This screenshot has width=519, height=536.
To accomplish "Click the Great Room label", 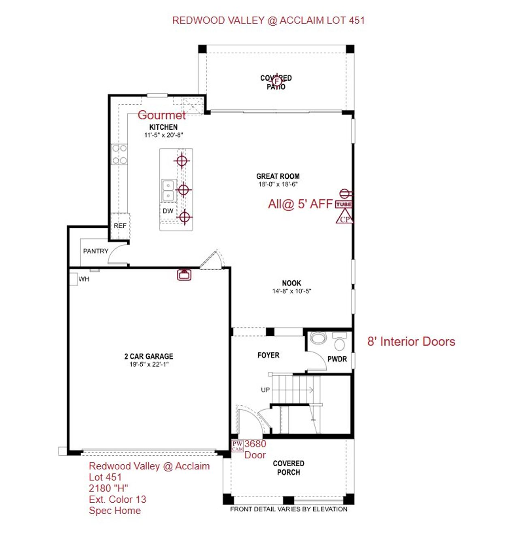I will (x=278, y=176).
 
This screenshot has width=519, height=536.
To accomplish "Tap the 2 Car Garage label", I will (x=148, y=356).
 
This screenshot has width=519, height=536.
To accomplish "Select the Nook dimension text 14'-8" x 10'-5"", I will (x=292, y=291).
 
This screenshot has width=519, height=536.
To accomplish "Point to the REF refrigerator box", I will (x=120, y=226).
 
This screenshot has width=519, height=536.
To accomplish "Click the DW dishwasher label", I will (x=168, y=211).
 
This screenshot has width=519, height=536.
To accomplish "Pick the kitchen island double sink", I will (x=167, y=191).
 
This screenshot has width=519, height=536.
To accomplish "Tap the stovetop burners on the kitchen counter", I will (x=120, y=154).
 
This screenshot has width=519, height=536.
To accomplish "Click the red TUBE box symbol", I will (x=343, y=204).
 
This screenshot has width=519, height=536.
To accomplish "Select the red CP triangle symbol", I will (x=344, y=218).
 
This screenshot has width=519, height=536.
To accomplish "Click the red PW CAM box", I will (x=238, y=446).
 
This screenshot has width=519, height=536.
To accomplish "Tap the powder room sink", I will (x=318, y=338).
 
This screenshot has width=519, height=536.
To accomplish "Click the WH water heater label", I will (x=84, y=279).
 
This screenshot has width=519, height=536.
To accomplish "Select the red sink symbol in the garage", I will (x=184, y=274).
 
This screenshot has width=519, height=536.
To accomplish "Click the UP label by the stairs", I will (x=265, y=390).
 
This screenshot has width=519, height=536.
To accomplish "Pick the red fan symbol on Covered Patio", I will (x=277, y=81).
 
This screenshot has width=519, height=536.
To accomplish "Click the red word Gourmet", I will (x=161, y=115).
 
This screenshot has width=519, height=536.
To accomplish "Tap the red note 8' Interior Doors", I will (x=411, y=341).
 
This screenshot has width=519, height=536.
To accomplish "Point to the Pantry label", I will (x=96, y=251).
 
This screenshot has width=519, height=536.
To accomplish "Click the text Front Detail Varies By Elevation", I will (x=289, y=509).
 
